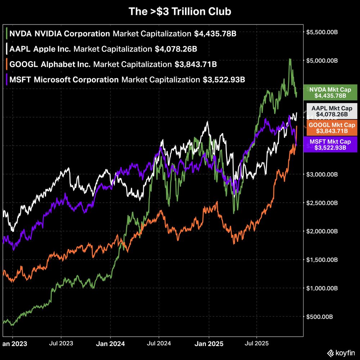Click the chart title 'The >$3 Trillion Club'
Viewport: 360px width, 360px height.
(180, 12)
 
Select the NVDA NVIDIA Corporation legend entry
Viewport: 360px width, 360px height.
(59, 34)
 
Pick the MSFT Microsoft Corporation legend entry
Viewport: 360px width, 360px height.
(64, 80)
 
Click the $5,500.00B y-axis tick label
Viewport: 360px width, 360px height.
(321, 32)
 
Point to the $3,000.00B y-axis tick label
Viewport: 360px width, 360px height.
(321, 174)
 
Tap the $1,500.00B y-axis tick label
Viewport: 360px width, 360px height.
(321, 260)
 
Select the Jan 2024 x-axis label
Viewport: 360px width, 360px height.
(111, 344)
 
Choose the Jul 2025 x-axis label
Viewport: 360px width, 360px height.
(256, 343)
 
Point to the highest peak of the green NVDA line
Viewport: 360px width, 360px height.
(290, 59)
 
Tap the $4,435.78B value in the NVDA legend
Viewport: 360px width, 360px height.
(215, 34)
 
